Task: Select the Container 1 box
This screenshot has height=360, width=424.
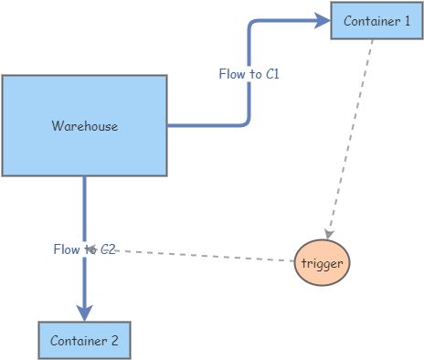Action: click(370, 21)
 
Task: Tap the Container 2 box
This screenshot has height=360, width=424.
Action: click(84, 340)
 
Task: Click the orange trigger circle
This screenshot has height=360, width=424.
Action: click(323, 263)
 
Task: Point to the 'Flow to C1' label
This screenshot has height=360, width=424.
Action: click(249, 74)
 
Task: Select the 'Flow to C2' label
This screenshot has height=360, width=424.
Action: click(84, 249)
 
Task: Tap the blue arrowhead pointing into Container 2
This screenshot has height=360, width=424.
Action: click(84, 312)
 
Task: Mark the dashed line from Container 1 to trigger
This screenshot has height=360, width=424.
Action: click(351, 137)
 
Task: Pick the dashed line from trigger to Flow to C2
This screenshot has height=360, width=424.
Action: click(201, 255)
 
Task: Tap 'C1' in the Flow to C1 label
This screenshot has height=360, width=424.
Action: click(271, 74)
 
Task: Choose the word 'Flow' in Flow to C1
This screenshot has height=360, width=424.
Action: click(231, 74)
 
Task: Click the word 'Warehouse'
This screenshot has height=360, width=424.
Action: click(84, 126)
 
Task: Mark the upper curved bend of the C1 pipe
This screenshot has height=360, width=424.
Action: click(253, 22)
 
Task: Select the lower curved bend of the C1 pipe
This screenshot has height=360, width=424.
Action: click(244, 121)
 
